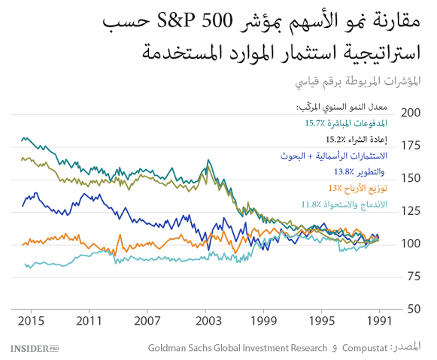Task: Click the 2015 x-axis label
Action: (x=32, y=321)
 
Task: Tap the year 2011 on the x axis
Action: (x=90, y=321)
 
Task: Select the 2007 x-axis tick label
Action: (x=147, y=321)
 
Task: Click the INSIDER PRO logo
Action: (x=35, y=348)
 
